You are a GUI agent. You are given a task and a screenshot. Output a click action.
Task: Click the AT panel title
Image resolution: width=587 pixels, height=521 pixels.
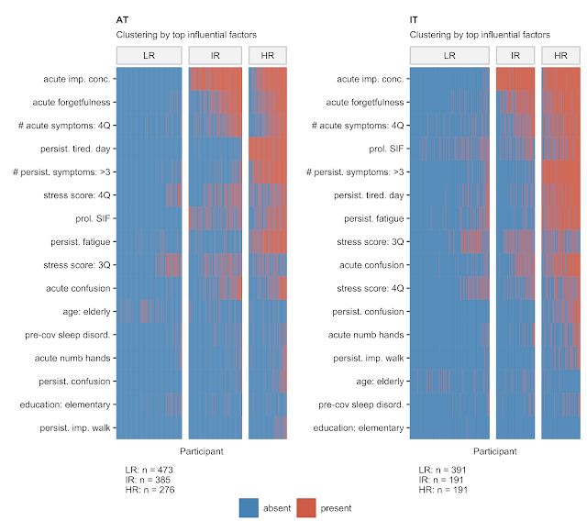click(122, 19)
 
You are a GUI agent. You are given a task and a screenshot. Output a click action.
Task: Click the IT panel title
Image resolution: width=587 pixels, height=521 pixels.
click(415, 19)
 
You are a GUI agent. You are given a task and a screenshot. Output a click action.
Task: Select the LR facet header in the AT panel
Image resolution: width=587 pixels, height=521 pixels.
click(148, 56)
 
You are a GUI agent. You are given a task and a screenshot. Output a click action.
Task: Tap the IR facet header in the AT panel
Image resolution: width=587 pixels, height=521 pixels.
click(215, 56)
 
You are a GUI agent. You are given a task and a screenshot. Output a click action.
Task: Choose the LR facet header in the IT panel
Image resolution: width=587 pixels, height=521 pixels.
click(449, 56)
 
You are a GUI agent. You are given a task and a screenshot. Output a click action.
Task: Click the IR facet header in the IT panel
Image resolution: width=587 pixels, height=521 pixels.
click(515, 56)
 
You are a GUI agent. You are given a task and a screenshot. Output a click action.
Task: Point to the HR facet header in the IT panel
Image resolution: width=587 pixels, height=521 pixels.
click(559, 56)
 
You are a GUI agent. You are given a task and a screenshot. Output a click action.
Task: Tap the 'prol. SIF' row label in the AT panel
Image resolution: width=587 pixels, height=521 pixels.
click(90, 218)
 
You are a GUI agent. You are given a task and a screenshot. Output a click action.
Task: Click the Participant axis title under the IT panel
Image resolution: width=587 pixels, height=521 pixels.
click(494, 451)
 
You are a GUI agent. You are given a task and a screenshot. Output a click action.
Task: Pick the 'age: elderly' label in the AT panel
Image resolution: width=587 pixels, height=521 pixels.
click(84, 311)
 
